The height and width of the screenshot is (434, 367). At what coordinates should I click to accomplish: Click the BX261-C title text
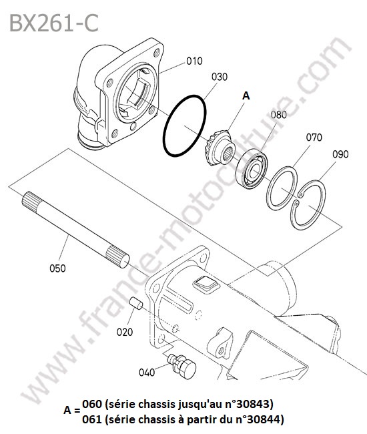[x=54, y=23]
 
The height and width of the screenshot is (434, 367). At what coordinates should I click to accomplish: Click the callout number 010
[x=194, y=61]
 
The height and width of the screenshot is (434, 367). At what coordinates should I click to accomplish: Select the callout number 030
[x=220, y=77]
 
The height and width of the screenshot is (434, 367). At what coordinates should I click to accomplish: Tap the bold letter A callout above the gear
[x=246, y=95]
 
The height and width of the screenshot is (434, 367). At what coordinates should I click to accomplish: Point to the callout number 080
[x=278, y=115]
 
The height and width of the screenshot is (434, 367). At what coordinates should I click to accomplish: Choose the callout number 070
[x=314, y=137]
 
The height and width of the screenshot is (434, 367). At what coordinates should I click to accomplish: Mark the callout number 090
[x=340, y=154]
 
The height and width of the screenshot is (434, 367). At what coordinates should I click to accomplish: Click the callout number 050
[x=57, y=268]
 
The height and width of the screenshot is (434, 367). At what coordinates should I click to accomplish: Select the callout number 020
[x=125, y=332]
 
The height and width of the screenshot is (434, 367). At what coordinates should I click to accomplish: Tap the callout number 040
[x=147, y=373]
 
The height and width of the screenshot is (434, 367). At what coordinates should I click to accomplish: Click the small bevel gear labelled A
[x=220, y=148]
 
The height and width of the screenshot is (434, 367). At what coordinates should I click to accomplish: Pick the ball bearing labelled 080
[x=252, y=168]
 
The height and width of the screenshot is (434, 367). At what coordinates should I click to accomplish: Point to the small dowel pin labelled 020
[x=136, y=303]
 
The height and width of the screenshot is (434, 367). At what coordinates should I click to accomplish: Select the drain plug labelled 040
[x=182, y=366]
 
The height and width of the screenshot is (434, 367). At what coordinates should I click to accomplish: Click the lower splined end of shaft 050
[x=117, y=257]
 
